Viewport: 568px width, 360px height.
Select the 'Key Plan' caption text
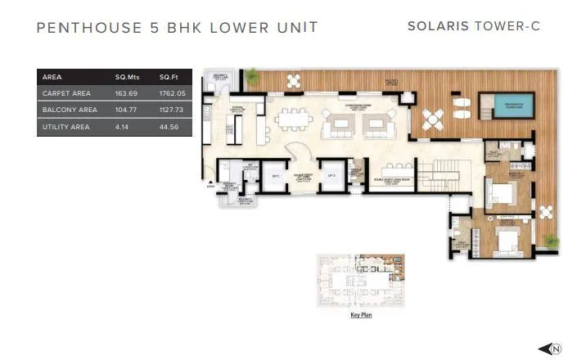pos(361,313)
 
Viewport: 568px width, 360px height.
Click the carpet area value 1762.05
pos(173,93)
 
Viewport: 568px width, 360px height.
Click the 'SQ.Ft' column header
pos(169,77)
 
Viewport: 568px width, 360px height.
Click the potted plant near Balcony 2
pos(253,74)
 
